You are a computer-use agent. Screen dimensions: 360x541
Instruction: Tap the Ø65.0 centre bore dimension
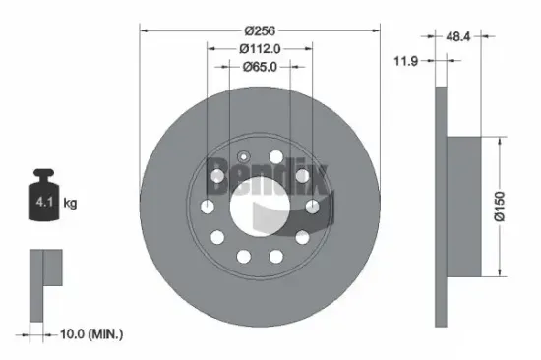260,67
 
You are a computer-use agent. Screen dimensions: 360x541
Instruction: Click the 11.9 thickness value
403,60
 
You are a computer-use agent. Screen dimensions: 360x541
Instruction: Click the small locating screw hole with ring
244,156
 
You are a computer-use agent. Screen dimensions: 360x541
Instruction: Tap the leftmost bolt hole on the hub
208,206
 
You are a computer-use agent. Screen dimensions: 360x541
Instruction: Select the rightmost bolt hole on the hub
312,206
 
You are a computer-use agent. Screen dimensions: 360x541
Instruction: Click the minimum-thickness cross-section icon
44,284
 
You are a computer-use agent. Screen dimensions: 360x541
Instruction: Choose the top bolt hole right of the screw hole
276,157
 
